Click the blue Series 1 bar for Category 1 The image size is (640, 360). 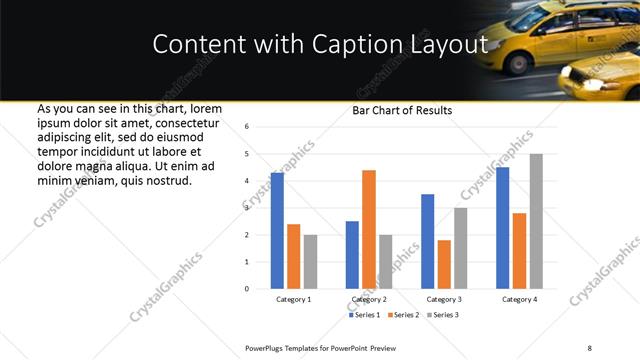click(x=277, y=231)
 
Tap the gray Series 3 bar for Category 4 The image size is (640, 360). click(x=536, y=221)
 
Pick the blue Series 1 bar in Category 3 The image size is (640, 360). click(x=427, y=241)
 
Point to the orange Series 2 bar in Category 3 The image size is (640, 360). click(x=444, y=264)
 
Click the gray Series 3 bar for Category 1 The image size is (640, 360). click(x=311, y=262)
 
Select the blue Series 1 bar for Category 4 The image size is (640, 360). click(x=502, y=228)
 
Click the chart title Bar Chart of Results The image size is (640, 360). click(x=402, y=110)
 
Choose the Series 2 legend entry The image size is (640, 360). click(x=402, y=315)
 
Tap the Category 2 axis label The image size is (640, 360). click(x=369, y=299)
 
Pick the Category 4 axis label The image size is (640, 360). click(x=519, y=299)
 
